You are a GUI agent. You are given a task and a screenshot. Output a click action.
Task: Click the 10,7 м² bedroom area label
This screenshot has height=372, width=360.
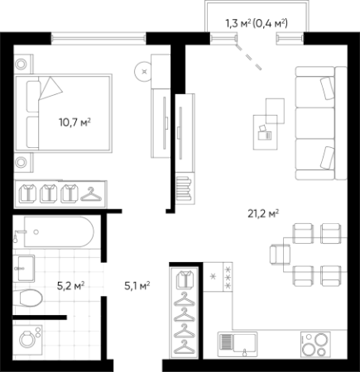[74, 122]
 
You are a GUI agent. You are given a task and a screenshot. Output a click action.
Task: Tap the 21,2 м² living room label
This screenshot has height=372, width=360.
[263, 213]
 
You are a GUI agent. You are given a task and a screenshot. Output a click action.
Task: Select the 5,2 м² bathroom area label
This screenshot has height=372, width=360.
[70, 286]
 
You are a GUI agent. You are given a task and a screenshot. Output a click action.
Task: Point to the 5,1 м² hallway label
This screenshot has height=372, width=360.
[137, 286]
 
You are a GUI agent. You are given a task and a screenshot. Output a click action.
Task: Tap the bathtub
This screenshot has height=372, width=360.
[59, 231]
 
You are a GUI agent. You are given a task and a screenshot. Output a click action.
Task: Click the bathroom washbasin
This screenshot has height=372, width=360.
[26, 268]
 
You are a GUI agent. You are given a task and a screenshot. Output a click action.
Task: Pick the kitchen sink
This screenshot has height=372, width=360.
[238, 344]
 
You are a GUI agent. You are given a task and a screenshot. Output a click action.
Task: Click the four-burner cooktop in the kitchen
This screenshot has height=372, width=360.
[315, 345]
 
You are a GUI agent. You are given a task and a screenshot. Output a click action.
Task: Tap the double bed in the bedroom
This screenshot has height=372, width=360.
[64, 113]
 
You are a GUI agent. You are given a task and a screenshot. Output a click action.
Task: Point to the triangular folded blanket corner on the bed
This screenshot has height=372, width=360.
[50, 88]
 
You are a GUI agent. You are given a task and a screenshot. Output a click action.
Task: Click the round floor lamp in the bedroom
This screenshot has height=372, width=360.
[143, 71]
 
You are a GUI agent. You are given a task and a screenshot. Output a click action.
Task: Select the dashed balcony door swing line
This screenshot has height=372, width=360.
[248, 57]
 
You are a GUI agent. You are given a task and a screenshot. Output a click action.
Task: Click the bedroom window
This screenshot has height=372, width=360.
[98, 38]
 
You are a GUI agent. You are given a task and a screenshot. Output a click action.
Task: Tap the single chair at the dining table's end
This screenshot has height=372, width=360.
[280, 255]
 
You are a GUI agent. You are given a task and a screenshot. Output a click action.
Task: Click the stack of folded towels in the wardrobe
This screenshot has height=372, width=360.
[184, 189]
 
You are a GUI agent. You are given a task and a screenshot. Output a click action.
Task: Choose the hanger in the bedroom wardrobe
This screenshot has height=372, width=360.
[91, 194]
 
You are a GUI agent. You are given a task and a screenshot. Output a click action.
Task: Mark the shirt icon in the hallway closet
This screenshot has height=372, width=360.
[185, 279]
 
